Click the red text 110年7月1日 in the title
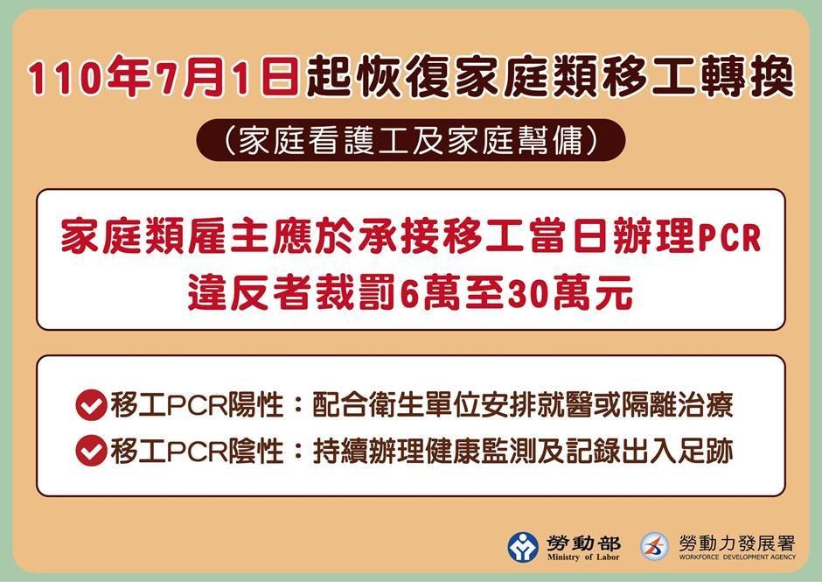164,77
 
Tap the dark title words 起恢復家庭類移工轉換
549,77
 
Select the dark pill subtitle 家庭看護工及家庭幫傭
410,140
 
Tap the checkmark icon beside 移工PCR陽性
91,404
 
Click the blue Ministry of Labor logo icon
523,548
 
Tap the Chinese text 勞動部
583,543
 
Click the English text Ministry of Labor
583,557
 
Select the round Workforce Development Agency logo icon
654,546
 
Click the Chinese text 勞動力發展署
737,543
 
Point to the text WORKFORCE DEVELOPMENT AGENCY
737,557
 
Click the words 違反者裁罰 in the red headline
292,293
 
